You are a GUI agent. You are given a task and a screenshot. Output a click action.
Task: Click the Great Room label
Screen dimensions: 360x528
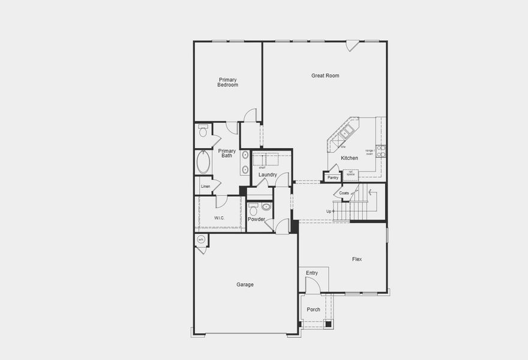[325, 76]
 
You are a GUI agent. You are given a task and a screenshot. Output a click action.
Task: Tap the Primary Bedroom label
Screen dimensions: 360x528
[228, 83]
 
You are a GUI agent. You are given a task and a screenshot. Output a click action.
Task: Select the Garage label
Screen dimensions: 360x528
[245, 284]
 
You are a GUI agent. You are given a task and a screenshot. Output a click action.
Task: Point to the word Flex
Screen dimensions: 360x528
[357, 259]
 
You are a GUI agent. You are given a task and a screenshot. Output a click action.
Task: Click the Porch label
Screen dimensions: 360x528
[313, 310]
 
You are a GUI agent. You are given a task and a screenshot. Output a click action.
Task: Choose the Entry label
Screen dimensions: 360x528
[312, 273]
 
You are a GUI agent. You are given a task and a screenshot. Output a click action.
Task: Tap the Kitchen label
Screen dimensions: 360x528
[349, 158]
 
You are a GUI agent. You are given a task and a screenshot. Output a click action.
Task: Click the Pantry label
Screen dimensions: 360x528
[333, 178]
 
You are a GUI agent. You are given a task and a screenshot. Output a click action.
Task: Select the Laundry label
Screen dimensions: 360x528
[268, 175]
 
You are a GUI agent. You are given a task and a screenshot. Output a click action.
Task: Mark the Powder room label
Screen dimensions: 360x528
[256, 220]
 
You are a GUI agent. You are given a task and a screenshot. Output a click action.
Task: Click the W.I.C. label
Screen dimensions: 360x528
[219, 218]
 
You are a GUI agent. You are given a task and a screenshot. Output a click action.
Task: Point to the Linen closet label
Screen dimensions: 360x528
[205, 187]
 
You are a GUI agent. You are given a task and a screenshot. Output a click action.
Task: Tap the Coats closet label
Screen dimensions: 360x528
[344, 193]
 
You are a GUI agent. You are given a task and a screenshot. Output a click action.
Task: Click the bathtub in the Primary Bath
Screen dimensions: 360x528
[203, 161]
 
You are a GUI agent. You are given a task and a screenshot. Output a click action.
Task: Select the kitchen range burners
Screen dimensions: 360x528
[380, 151]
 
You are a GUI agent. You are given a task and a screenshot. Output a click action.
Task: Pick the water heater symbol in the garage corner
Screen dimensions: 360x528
[201, 240]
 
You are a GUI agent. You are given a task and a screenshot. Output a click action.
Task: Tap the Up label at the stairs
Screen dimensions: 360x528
[329, 211]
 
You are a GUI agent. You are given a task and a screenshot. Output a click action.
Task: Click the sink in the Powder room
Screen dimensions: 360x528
[266, 207]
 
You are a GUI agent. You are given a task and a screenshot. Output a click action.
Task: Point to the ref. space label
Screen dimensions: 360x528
[350, 173]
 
